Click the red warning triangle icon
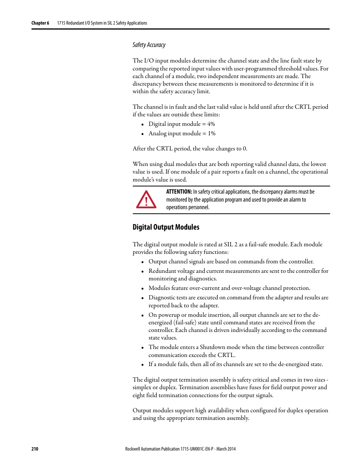[x=146, y=200]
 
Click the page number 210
[x=35, y=449]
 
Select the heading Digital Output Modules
[x=166, y=227]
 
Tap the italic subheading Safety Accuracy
[x=149, y=45]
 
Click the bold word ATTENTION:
[x=179, y=192]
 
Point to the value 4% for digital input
[x=211, y=124]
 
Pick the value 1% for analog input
[x=211, y=133]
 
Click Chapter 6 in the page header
[x=40, y=23]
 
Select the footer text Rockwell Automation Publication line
[x=180, y=449]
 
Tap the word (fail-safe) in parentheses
[x=185, y=322]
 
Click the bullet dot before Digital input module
[x=142, y=125]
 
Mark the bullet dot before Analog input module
[x=142, y=134]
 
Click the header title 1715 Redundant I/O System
[x=102, y=23]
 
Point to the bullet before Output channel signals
[x=142, y=262]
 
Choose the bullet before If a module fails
[x=142, y=365]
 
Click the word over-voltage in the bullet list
[x=246, y=288]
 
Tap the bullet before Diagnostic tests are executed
[x=142, y=298]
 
